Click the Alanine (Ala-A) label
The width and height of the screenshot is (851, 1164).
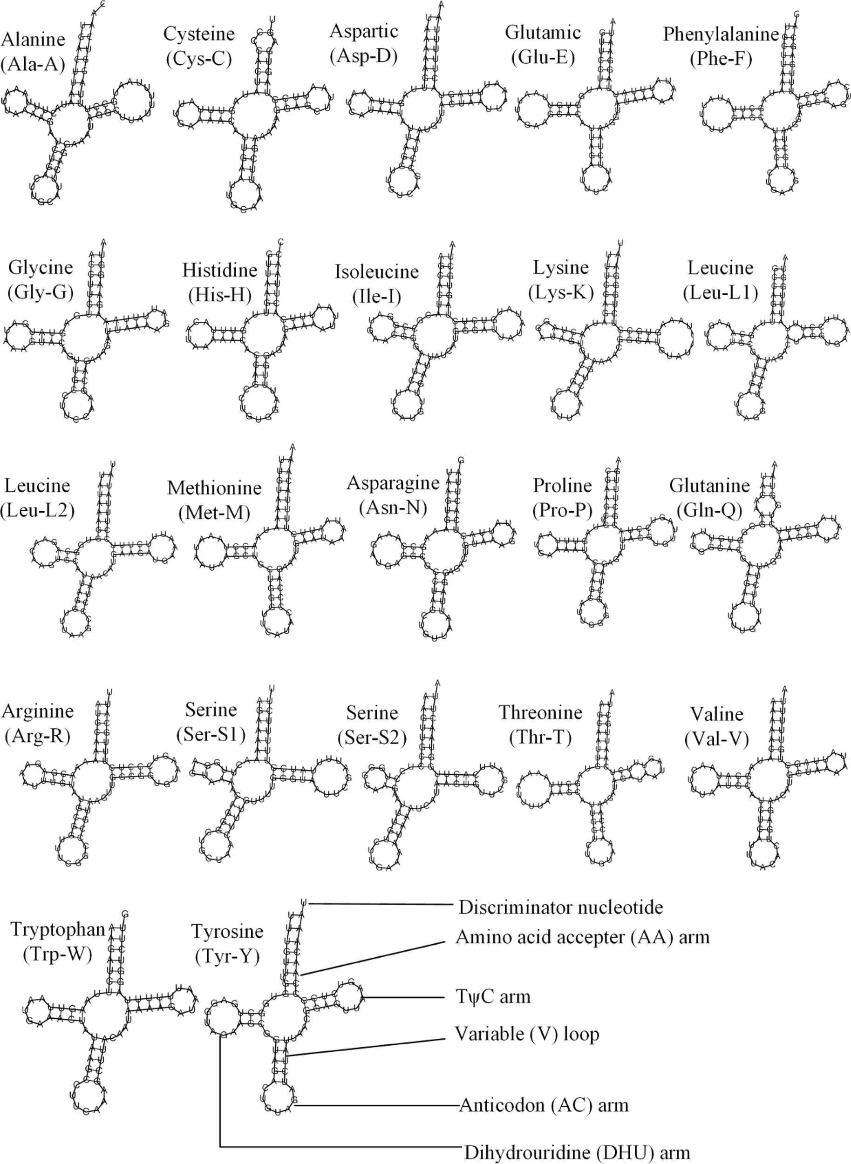(x=34, y=52)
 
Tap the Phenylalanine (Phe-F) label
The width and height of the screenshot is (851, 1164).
(x=720, y=47)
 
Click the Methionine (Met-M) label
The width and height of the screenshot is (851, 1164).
(x=214, y=500)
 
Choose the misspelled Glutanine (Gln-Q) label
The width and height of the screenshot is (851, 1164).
(x=709, y=497)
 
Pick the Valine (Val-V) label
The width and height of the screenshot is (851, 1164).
(x=716, y=726)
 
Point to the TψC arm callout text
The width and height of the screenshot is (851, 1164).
(x=492, y=997)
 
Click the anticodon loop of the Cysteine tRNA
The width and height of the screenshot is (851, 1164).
(x=244, y=195)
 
